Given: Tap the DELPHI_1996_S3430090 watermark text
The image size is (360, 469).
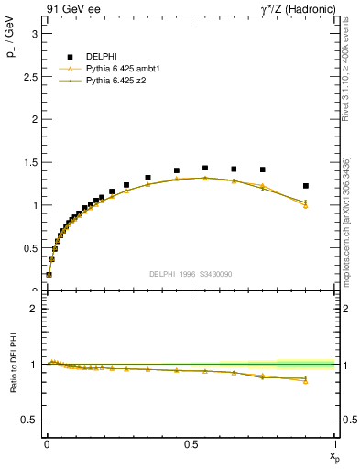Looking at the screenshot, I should pyautogui.click(x=189, y=274).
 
